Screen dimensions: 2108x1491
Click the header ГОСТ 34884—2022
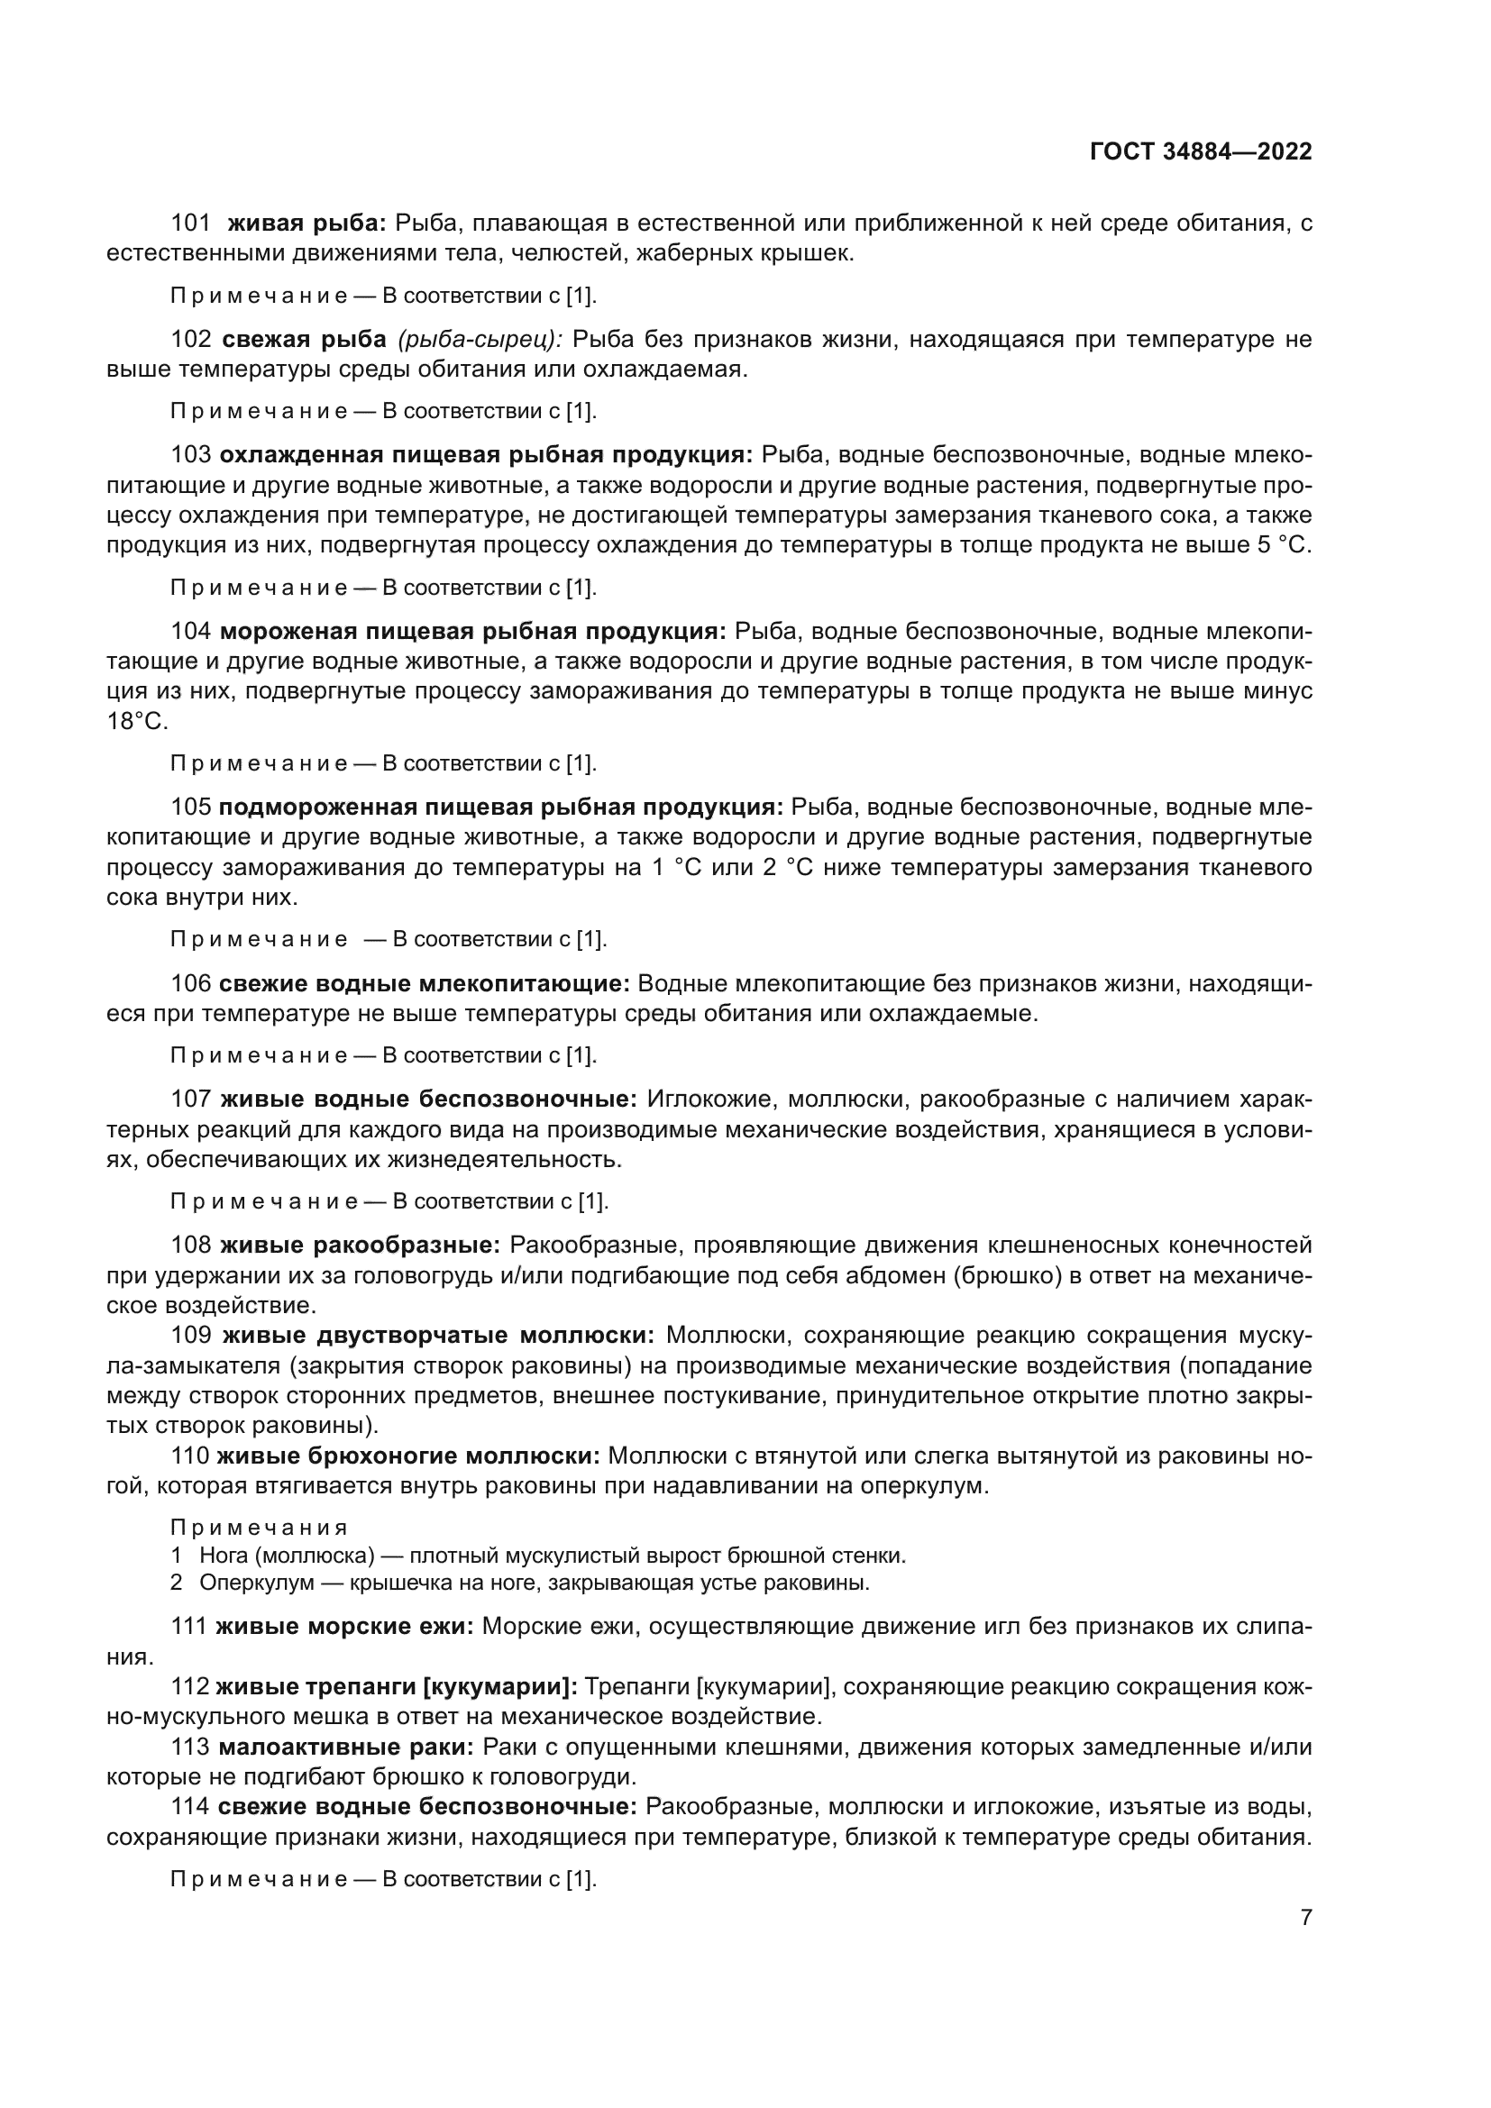pos(1201,151)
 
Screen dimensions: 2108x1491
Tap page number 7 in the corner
pos(1306,1917)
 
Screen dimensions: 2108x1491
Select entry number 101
pos(190,224)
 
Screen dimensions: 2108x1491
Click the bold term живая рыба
pos(306,224)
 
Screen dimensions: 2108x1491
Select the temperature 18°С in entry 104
pos(138,722)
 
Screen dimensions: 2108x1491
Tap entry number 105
pos(191,807)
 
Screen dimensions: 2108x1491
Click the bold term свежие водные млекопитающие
pos(425,984)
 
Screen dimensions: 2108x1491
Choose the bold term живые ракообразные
pos(360,1245)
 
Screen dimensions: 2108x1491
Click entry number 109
pos(191,1335)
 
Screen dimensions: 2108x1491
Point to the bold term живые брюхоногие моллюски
pos(407,1456)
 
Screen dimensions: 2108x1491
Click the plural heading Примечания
pos(259,1528)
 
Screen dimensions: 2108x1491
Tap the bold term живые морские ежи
pos(344,1626)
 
